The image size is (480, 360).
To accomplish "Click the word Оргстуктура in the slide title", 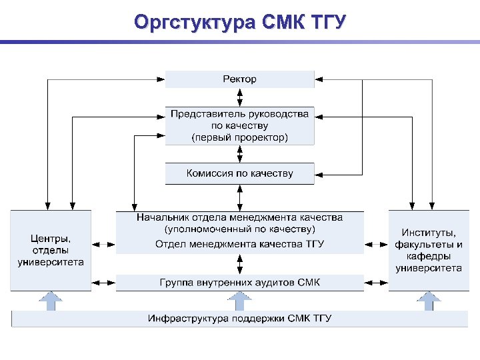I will pos(194,23).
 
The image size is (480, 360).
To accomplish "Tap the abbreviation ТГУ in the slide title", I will pos(324,23).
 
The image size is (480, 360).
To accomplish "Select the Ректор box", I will pos(239,79).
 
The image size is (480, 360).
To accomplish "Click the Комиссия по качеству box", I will pos(239,174).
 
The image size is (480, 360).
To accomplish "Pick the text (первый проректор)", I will pos(239,137).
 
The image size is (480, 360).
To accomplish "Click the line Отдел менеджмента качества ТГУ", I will pos(239,244).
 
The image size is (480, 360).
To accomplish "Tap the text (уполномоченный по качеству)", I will pos(239,230).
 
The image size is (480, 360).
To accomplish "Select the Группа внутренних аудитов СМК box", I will pos(239,283).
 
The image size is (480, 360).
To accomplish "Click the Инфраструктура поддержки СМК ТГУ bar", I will pos(239,318).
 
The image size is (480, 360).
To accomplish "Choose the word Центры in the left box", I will pos(51,238).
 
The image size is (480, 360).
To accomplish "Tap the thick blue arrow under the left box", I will pos(51,301).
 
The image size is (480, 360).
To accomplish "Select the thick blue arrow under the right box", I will pos(429,301).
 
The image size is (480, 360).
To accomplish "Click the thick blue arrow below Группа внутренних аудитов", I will pos(239,301).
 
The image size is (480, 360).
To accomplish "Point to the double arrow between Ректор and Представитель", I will pos(239,97).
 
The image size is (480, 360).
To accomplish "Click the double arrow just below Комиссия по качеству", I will pos(239,197).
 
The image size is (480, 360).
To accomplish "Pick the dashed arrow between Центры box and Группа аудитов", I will pos(104,282).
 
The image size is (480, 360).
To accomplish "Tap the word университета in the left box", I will pos(51,262).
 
